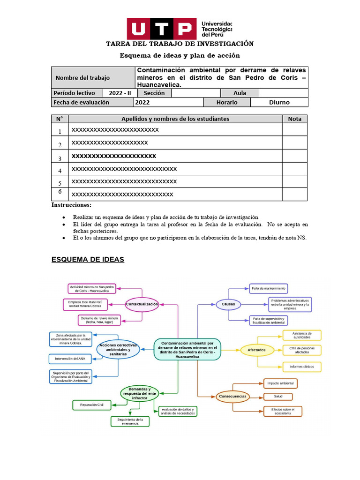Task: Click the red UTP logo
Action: [162, 29]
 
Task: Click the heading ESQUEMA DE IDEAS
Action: [88, 259]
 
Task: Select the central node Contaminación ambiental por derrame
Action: [187, 350]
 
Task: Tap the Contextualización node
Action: [142, 304]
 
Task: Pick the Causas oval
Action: [228, 304]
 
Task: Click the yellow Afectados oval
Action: [256, 350]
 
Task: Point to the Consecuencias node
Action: [232, 397]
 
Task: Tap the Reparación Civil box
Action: [91, 404]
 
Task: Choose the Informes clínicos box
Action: [302, 366]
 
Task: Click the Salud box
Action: [278, 397]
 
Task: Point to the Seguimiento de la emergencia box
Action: [129, 421]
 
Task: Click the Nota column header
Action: [294, 119]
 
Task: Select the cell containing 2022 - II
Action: [120, 93]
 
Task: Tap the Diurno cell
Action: [279, 102]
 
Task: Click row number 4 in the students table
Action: [60, 171]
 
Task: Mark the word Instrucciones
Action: [71, 205]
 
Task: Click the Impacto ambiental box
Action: [280, 383]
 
